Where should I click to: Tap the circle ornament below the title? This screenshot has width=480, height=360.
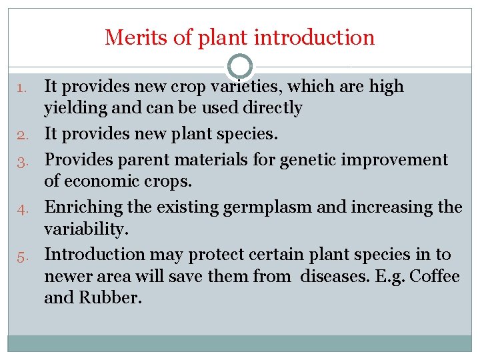[239, 67]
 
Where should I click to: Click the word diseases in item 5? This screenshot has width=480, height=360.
[337, 276]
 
